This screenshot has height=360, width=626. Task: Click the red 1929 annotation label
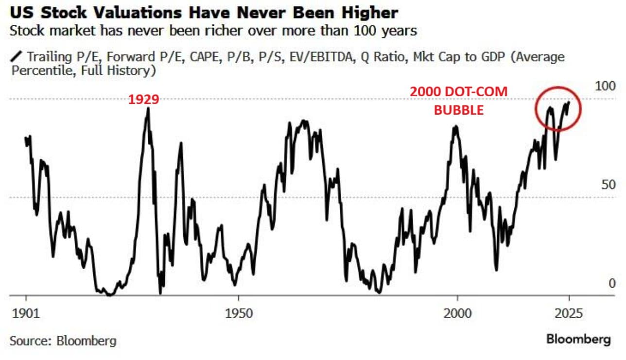tap(143, 100)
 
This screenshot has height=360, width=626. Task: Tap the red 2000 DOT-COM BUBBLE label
tap(458, 101)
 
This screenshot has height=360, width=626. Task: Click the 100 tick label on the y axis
tap(605, 86)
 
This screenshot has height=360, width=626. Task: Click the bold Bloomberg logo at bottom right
tap(578, 339)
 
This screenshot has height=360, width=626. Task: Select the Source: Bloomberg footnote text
tap(63, 341)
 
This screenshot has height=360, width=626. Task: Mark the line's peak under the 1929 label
tap(148, 108)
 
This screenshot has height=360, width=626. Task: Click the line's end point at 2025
tap(569, 102)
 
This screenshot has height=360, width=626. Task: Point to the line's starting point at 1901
tap(25, 137)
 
